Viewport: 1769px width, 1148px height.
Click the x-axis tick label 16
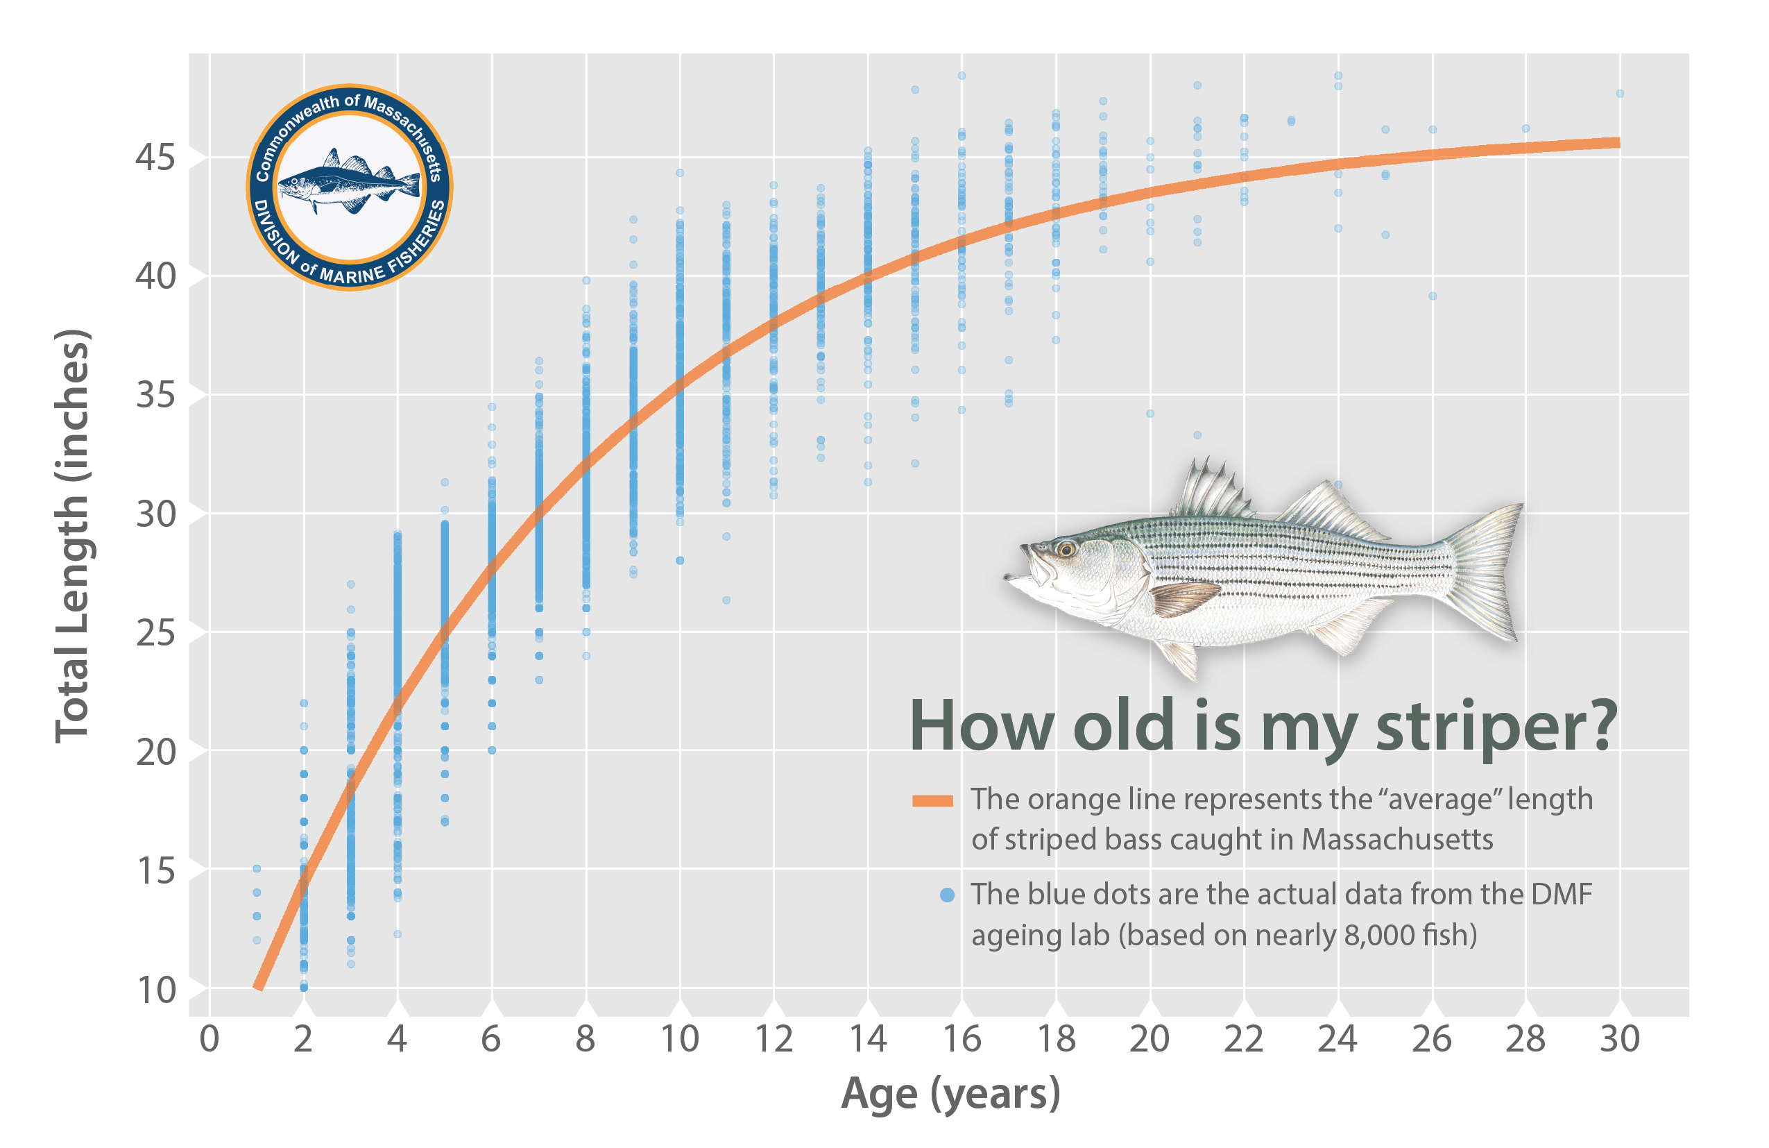[x=962, y=1039]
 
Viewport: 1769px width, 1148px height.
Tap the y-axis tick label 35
[x=156, y=395]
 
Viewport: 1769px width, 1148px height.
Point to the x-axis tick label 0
[x=210, y=1039]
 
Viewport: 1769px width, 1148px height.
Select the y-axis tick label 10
[x=156, y=990]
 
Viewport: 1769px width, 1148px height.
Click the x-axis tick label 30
[x=1620, y=1039]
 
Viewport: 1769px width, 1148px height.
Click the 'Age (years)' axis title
[x=950, y=1094]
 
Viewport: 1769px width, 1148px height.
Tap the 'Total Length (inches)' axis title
[x=72, y=535]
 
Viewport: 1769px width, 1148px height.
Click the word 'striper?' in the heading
[x=1496, y=727]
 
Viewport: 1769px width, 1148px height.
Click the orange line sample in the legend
[x=932, y=801]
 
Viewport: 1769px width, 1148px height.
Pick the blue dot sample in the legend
[x=946, y=895]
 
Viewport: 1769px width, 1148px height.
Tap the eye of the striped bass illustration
[x=1067, y=550]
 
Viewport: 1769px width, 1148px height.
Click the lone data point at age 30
[x=1620, y=94]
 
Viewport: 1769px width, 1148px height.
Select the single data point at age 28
[x=1526, y=128]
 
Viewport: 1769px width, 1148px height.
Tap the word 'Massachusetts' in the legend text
[x=1397, y=839]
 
